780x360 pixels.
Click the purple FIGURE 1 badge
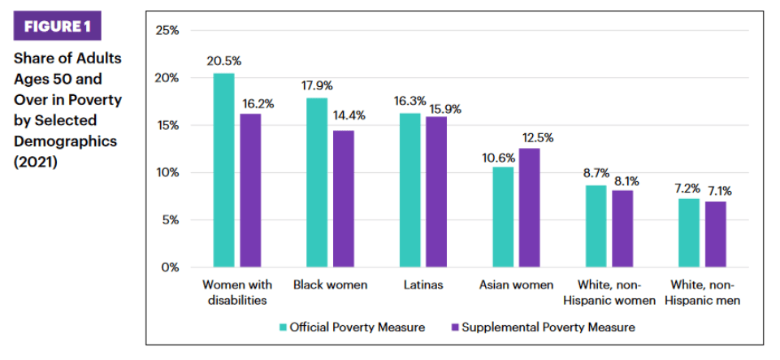[x=57, y=27]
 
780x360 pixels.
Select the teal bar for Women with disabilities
[x=223, y=170]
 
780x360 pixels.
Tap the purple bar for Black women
[x=344, y=198]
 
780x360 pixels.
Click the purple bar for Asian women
[x=530, y=207]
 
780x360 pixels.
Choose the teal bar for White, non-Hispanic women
[x=596, y=226]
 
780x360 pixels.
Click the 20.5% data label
[x=223, y=61]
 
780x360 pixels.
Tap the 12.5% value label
[x=535, y=137]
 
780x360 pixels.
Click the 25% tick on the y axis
[x=167, y=31]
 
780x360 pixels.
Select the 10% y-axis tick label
[x=167, y=172]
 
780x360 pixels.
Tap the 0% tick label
[x=169, y=267]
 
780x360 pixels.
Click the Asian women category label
[x=516, y=285]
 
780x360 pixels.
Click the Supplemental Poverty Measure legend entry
[x=541, y=327]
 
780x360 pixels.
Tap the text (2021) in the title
[x=37, y=162]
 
